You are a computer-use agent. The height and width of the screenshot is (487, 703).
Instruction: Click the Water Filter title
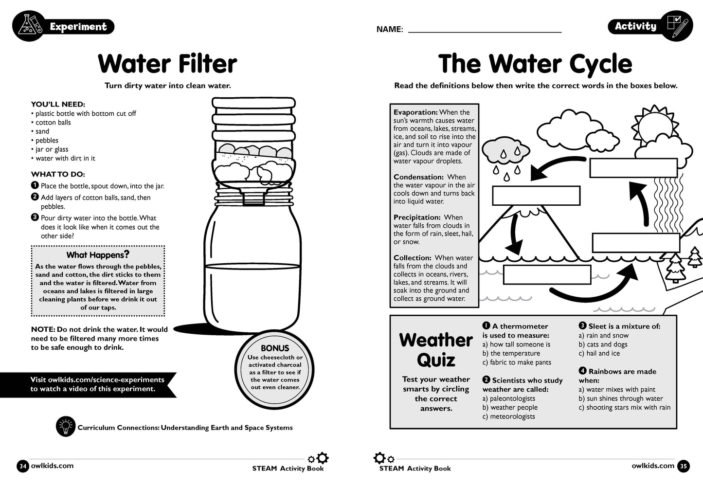tap(167, 64)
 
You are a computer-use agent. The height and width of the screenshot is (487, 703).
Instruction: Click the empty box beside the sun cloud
tap(633, 168)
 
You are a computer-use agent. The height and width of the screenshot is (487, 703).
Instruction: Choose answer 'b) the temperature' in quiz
tap(511, 353)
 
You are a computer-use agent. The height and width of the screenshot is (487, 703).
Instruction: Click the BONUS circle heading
tap(275, 348)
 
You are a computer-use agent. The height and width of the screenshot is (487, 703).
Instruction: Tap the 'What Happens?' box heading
tap(98, 254)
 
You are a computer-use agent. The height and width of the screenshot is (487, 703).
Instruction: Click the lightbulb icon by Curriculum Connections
tap(65, 426)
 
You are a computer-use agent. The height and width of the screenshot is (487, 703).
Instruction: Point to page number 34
tap(22, 466)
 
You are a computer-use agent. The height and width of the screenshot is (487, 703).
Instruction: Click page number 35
tap(683, 466)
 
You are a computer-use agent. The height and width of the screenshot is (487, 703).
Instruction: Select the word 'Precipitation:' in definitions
tap(417, 217)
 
